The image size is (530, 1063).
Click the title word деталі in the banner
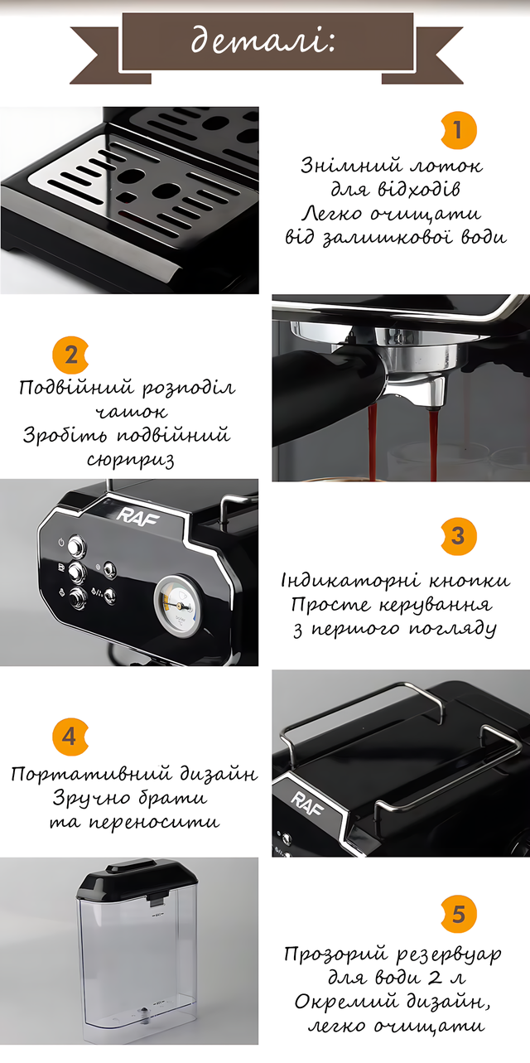pyautogui.click(x=263, y=41)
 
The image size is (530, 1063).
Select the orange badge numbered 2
pyautogui.click(x=70, y=355)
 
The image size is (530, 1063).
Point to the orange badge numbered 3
pyautogui.click(x=458, y=536)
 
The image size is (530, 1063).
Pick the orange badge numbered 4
pyautogui.click(x=70, y=737)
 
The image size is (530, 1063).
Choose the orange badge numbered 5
pyautogui.click(x=458, y=914)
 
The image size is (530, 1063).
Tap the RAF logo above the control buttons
pyautogui.click(x=137, y=516)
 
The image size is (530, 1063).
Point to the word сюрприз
pyautogui.click(x=130, y=459)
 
